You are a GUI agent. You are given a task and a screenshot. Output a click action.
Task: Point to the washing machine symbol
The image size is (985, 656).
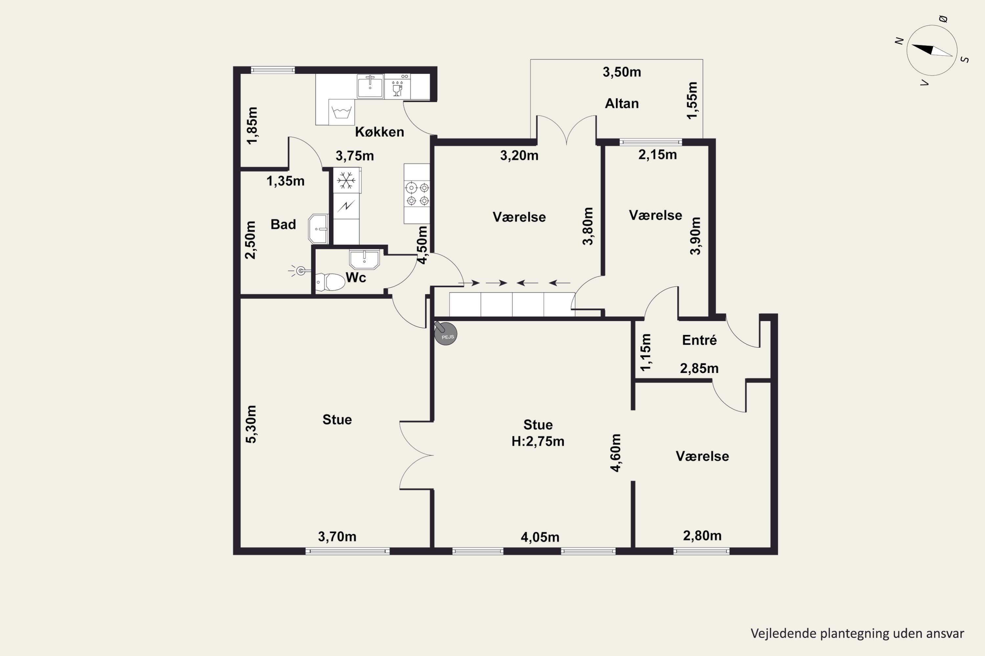341,112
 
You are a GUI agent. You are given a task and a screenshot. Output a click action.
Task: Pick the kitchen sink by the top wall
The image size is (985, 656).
370,87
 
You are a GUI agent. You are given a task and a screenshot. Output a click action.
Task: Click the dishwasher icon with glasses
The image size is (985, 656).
397,87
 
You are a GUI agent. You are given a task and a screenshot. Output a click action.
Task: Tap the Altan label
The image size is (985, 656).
622,103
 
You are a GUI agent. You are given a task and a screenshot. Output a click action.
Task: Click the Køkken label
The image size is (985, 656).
380,132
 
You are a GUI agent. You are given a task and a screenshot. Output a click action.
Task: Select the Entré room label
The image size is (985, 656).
699,340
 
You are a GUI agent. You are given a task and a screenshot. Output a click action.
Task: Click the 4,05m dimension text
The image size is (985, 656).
540,537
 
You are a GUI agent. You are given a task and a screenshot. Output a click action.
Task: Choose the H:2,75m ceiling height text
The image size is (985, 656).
538,441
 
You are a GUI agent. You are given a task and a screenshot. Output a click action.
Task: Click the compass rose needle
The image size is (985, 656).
932,50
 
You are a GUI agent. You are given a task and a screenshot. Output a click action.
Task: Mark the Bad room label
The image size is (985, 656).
283,224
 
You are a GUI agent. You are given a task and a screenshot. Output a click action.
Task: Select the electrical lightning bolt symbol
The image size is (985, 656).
346,206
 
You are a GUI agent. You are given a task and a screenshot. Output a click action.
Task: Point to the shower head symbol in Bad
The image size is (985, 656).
299,271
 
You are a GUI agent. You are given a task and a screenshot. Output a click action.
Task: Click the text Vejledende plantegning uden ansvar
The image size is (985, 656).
857,633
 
